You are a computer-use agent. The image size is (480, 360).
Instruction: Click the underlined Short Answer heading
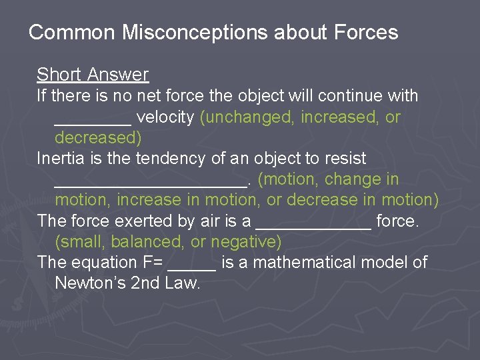pyautogui.click(x=93, y=75)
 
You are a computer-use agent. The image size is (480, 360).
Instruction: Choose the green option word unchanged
pyautogui.click(x=249, y=117)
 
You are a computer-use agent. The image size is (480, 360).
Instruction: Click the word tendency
pyautogui.click(x=167, y=159)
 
